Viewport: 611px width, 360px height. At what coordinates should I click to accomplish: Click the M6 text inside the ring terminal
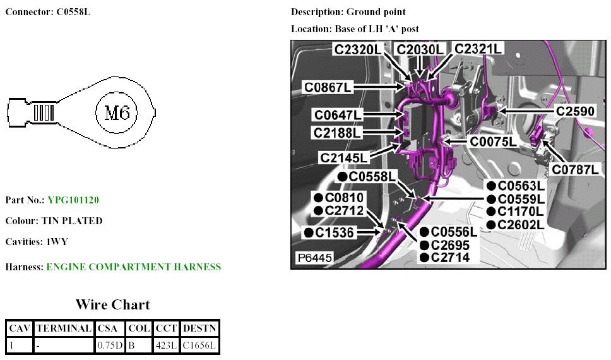(x=117, y=114)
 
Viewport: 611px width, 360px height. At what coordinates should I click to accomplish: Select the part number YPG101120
(x=73, y=200)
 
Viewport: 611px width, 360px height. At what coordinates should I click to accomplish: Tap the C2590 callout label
(x=574, y=111)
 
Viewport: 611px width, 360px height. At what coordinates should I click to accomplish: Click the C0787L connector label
(x=575, y=169)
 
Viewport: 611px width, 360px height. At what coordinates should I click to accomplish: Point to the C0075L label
(x=493, y=142)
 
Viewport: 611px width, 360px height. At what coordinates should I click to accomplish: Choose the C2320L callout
(x=358, y=49)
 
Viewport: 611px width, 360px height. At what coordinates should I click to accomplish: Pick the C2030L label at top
(x=420, y=49)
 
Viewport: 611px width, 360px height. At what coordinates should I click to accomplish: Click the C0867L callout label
(x=328, y=87)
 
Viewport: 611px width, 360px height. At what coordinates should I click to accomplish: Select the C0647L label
(x=338, y=115)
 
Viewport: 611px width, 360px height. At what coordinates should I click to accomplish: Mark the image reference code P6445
(x=314, y=259)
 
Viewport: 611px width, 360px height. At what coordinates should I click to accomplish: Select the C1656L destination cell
(x=199, y=345)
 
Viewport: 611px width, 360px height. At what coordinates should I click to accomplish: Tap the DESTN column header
(x=199, y=328)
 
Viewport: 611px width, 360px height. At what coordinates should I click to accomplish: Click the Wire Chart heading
(x=113, y=304)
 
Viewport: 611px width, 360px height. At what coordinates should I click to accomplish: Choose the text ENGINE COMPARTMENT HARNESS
(x=134, y=267)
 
